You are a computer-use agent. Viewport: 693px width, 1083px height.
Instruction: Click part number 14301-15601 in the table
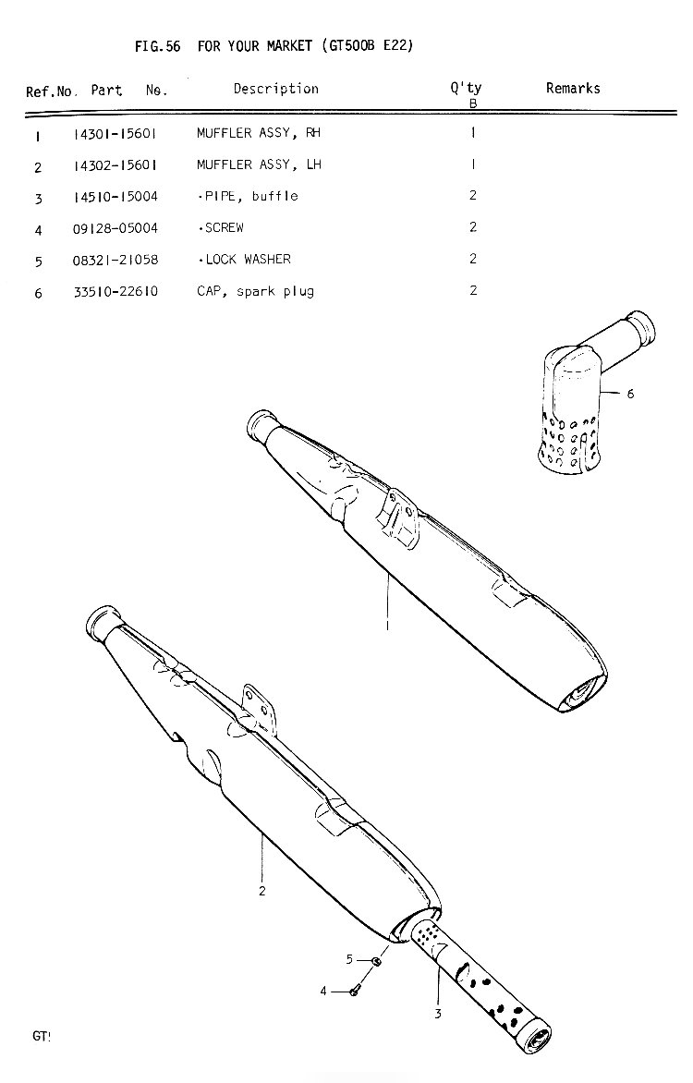(115, 134)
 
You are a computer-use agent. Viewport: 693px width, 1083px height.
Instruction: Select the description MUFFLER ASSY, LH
(259, 164)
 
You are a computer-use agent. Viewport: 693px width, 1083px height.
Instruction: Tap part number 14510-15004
(115, 197)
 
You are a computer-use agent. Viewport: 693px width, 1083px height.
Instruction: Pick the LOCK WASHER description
(248, 260)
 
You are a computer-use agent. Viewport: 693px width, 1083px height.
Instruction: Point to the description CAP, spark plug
(256, 291)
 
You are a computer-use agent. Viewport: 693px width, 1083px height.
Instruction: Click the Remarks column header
(573, 89)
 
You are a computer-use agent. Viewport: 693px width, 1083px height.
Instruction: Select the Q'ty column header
(467, 88)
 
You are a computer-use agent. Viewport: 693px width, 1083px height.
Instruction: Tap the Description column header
(275, 89)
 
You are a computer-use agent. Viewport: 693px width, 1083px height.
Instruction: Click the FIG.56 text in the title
(157, 46)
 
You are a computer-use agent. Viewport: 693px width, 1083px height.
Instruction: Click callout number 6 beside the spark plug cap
(630, 394)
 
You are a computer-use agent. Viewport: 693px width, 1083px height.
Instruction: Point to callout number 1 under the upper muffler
(387, 626)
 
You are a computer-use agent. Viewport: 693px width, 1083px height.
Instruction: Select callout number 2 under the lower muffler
(261, 891)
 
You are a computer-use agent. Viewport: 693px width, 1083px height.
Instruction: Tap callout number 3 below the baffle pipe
(437, 1014)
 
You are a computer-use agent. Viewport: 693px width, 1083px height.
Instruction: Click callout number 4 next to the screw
(323, 992)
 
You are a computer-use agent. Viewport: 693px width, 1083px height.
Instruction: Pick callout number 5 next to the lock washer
(349, 959)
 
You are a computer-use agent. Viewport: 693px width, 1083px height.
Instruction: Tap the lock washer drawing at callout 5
(376, 961)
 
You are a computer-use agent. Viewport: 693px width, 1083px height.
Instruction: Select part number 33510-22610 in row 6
(115, 292)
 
